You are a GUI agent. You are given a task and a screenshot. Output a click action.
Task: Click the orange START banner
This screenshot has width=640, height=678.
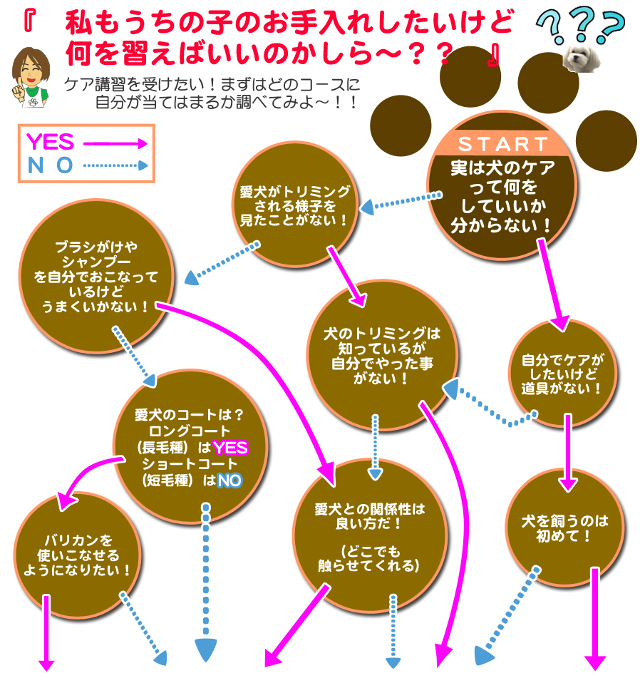click(503, 144)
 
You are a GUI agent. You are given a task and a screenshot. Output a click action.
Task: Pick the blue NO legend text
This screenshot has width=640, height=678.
click(50, 166)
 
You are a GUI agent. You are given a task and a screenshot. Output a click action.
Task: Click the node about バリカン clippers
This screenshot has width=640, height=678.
click(78, 555)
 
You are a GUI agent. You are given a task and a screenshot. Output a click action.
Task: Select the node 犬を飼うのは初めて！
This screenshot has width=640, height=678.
click(562, 528)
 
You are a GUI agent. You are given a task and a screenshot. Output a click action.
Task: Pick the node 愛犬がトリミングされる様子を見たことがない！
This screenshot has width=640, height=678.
click(294, 205)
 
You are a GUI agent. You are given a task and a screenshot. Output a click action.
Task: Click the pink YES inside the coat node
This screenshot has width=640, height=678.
click(230, 448)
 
